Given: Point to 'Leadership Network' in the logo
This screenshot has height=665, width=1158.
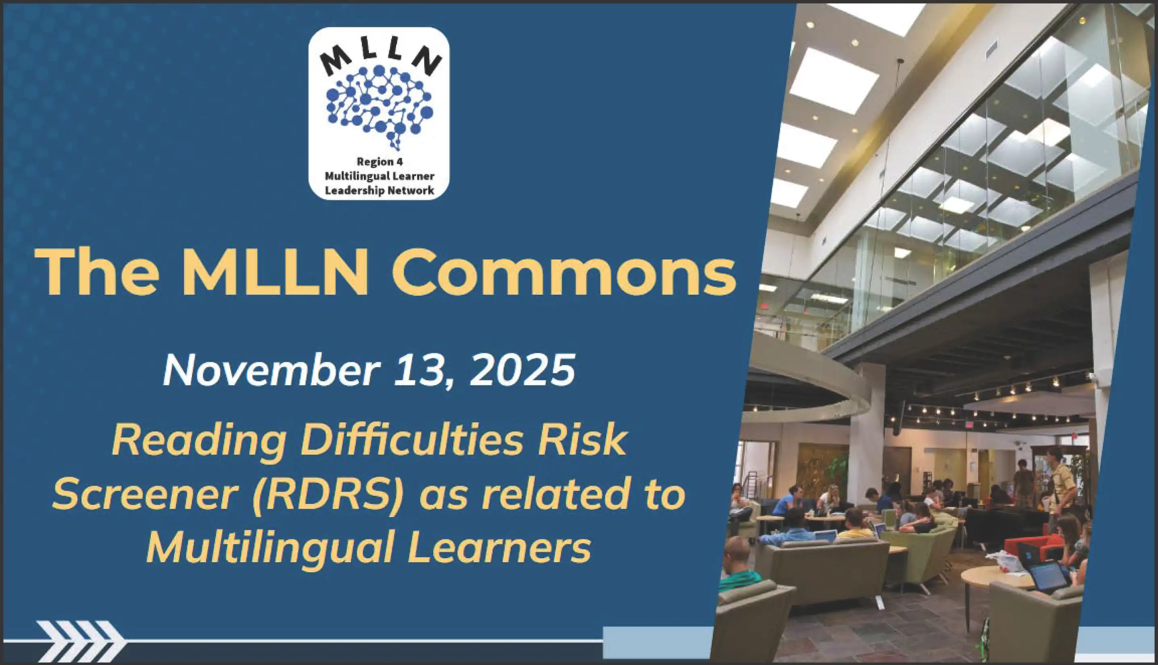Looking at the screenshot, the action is click(379, 191).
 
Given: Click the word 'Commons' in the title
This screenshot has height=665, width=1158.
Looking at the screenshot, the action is click(564, 273).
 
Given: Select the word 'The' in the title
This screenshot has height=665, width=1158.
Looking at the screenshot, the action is click(97, 273).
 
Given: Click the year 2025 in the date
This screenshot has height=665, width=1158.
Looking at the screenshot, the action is click(522, 370).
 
